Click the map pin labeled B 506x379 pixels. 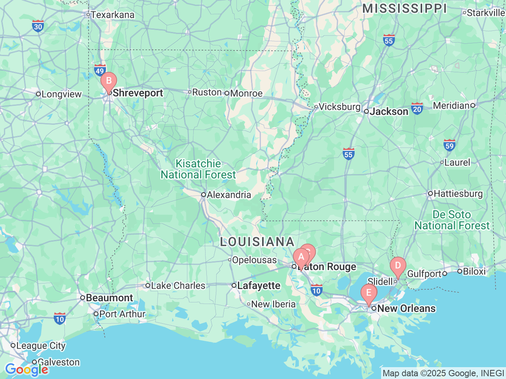[108, 81]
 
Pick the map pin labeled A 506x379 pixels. [300, 257]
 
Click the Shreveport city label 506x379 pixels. [138, 93]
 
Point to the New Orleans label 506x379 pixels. [406, 308]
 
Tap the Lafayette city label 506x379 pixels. [259, 285]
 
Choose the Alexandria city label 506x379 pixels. [228, 195]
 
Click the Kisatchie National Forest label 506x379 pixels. [198, 169]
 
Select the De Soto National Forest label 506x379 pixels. [452, 220]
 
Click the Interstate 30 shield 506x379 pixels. [38, 26]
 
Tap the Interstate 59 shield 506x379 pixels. [449, 145]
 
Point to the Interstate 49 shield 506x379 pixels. [100, 70]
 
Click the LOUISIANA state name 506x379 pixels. [257, 242]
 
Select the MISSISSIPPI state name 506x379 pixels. [404, 8]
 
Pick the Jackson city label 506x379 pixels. [389, 111]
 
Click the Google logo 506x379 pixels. [26, 370]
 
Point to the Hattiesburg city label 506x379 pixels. [458, 193]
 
